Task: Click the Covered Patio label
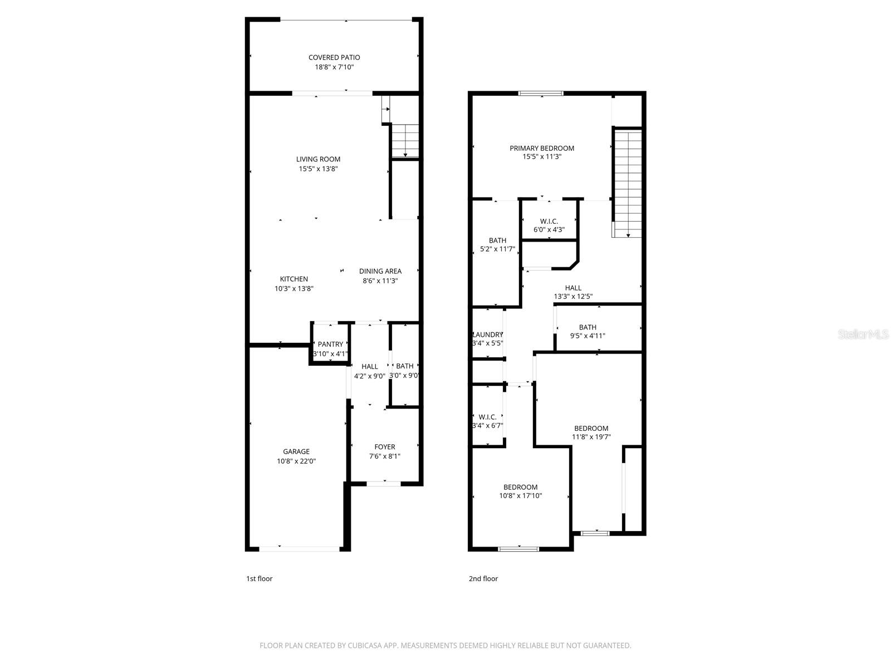click(334, 57)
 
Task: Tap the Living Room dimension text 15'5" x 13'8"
click(318, 169)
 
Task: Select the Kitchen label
click(293, 279)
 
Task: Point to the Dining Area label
click(380, 271)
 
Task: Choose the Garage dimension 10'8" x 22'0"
click(296, 461)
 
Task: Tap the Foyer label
click(384, 446)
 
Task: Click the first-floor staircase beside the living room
click(405, 141)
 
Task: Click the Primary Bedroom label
click(542, 148)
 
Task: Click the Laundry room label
click(488, 335)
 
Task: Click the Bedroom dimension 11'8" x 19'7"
click(591, 437)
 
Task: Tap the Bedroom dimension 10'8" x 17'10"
click(520, 495)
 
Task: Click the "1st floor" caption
click(259, 578)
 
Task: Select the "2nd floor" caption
click(483, 578)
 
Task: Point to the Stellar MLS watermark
click(863, 334)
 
